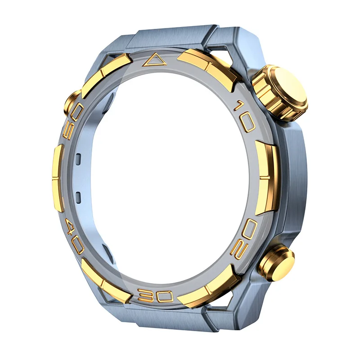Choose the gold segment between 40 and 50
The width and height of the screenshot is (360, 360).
(x=58, y=178)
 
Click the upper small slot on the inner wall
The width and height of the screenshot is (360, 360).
(x=78, y=158)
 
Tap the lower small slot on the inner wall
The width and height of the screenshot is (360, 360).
(x=78, y=197)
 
